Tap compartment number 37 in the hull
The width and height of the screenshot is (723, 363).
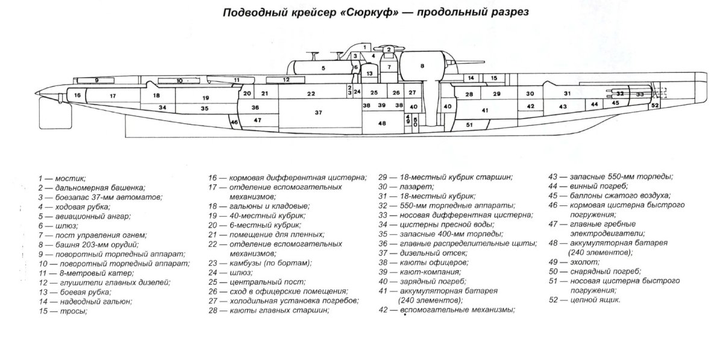(318, 113)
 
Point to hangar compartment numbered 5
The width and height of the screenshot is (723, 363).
(323, 69)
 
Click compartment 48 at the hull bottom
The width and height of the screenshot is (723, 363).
(381, 123)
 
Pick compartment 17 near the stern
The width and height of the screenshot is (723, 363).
(113, 96)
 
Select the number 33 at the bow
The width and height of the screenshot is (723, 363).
(640, 95)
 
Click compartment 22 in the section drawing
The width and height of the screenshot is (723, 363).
(310, 94)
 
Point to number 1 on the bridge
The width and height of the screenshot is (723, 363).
(365, 46)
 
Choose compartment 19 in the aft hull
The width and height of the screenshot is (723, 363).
(205, 98)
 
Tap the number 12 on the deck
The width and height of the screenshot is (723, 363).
(286, 79)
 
